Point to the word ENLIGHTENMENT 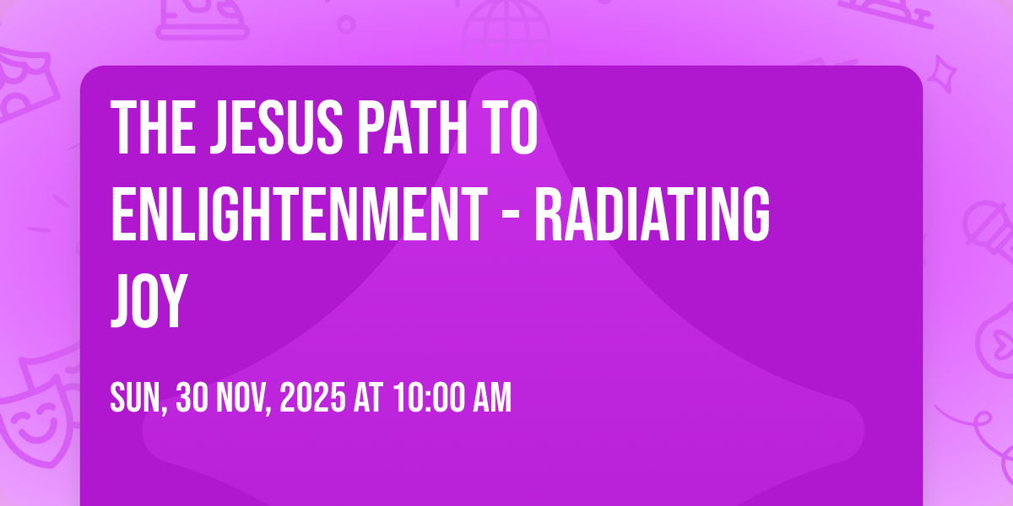[300, 213]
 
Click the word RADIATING [652, 213]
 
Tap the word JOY [149, 300]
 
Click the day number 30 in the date [192, 397]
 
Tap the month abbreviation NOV [243, 398]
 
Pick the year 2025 [312, 397]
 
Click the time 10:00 [429, 397]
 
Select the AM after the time [492, 397]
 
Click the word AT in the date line [369, 397]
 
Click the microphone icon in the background [989, 230]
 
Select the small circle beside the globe [346, 24]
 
